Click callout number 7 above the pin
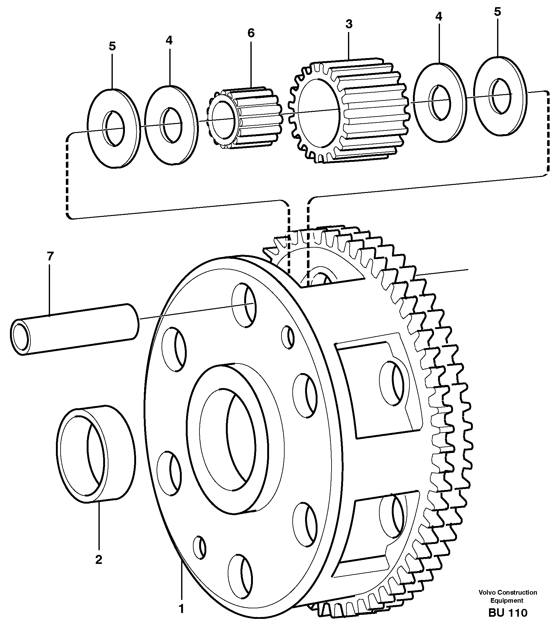50,256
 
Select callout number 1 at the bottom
181,608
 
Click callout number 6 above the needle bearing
251,33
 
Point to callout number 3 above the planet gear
349,24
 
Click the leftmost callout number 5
112,46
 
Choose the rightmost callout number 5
497,12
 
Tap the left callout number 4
169,40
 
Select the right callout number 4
438,16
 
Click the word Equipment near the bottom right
507,600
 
